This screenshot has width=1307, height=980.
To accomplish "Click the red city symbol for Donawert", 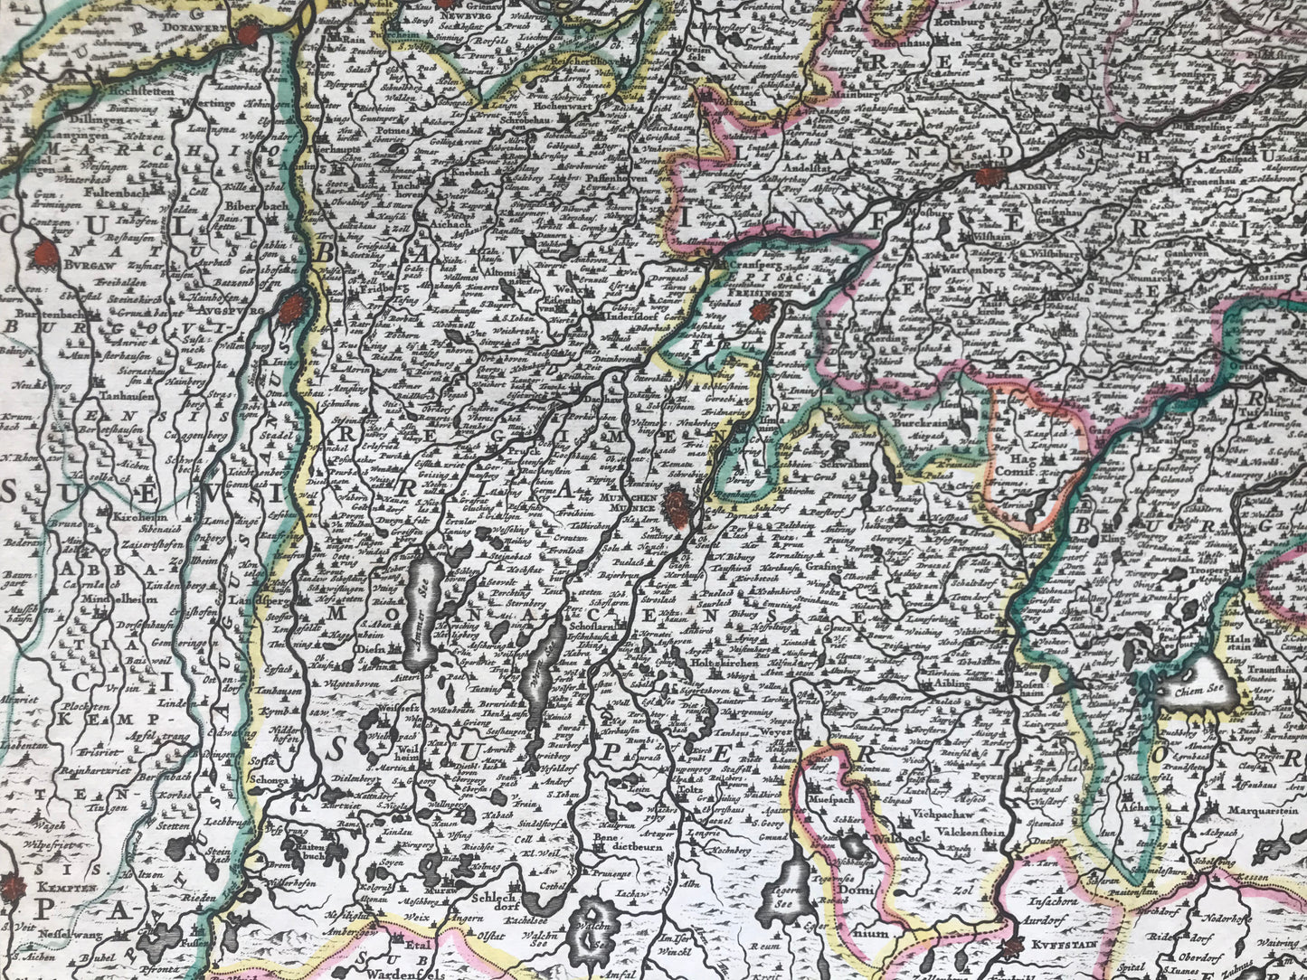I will click(245, 35).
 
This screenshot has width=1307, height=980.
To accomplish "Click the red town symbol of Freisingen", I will click(762, 312).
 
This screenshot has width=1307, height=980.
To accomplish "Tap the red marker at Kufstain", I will click(1012, 947).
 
